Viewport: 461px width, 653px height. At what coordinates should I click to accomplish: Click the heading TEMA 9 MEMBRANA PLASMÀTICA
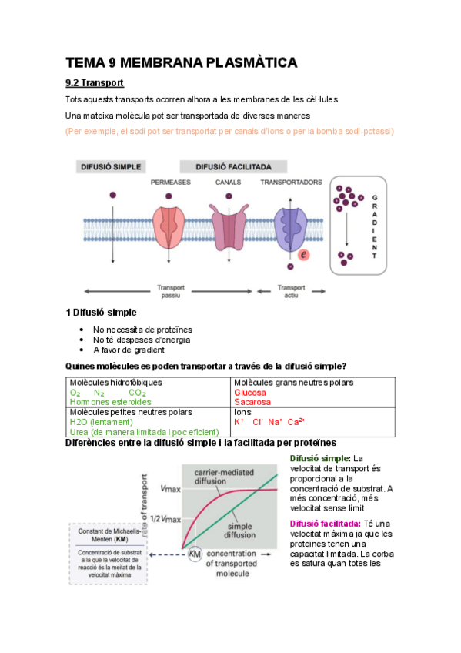[x=181, y=63]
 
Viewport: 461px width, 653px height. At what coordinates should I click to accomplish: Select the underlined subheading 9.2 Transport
[x=95, y=83]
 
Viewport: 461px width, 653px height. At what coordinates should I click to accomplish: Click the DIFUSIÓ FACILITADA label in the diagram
[x=234, y=166]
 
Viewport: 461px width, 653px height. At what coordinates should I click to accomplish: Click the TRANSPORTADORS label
[x=291, y=183]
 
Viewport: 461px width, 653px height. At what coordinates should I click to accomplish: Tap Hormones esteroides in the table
[x=110, y=401]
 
